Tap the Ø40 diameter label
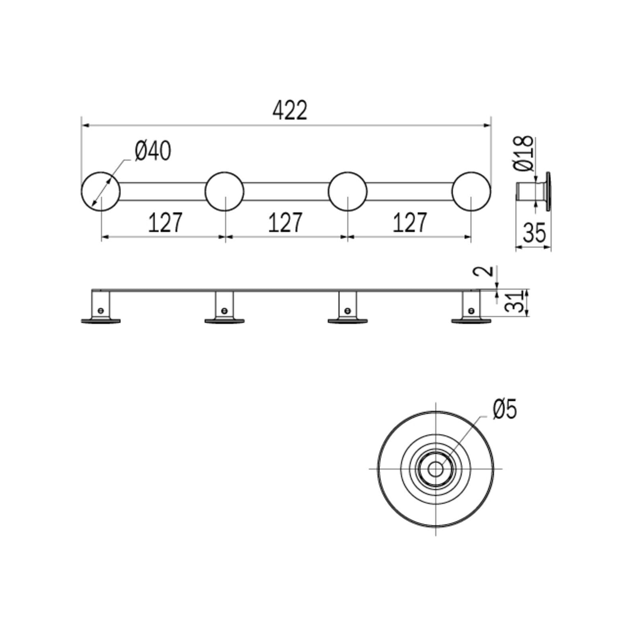(x=153, y=151)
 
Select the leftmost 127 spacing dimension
(x=165, y=223)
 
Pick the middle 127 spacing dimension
(x=285, y=223)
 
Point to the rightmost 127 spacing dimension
(x=410, y=223)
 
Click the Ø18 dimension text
(x=523, y=153)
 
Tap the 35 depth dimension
(x=535, y=233)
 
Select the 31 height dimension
(x=516, y=302)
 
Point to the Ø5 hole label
(x=505, y=409)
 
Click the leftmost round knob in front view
(x=101, y=191)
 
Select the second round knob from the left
(x=224, y=191)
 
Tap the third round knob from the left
(x=347, y=191)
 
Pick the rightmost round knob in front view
(x=471, y=191)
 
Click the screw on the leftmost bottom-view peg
(x=101, y=310)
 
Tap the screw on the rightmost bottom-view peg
(x=471, y=310)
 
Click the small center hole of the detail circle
(x=435, y=469)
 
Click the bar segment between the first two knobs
(x=162, y=192)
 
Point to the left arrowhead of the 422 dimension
(x=85, y=126)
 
